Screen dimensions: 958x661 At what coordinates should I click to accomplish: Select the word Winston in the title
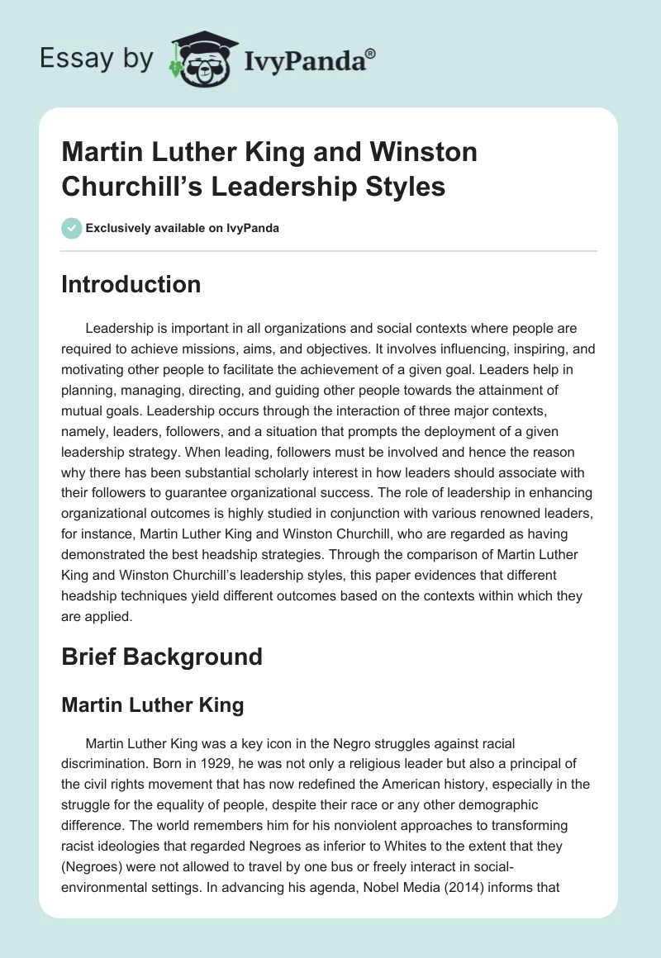pos(424,153)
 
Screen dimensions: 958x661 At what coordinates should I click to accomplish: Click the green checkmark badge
pos(71,228)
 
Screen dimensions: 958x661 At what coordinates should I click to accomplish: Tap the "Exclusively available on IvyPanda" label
pos(182,228)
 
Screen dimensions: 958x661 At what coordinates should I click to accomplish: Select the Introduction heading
pos(131,284)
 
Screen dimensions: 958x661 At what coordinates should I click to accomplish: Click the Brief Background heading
pos(162,657)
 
